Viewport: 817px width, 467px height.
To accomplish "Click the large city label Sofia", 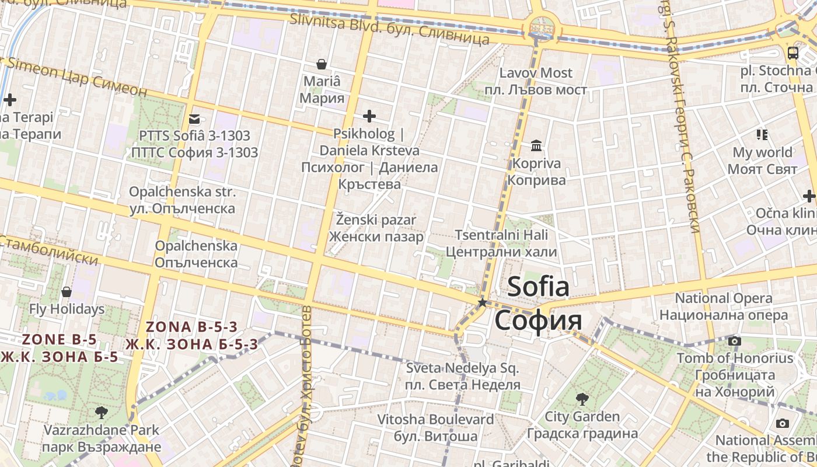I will [x=538, y=287].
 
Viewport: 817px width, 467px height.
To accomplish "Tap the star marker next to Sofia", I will [x=483, y=302].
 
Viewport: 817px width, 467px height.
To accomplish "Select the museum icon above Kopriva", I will [x=536, y=145].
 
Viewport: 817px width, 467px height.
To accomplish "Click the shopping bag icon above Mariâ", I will [x=321, y=64].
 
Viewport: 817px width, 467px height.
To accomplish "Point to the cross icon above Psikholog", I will [x=369, y=116].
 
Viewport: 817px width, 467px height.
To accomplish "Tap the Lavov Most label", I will [x=536, y=73].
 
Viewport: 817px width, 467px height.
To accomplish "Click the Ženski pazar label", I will [x=376, y=220].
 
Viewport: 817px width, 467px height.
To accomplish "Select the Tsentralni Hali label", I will [x=501, y=235].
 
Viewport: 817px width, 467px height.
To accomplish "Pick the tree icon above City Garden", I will [x=582, y=399].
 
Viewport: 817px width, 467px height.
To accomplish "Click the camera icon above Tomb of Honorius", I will [x=735, y=341].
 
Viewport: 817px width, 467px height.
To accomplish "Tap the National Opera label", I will [x=724, y=298].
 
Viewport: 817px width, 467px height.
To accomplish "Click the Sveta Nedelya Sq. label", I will [x=462, y=368].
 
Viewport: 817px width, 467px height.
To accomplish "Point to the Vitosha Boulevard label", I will [x=435, y=419].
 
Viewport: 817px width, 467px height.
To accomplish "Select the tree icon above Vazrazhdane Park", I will [x=102, y=413].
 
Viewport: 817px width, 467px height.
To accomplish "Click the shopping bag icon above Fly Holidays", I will [x=67, y=291].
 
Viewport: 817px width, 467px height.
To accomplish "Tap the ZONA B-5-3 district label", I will [x=192, y=326].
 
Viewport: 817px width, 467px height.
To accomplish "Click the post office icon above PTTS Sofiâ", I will [x=194, y=119].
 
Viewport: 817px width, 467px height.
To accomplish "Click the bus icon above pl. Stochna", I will [x=792, y=53].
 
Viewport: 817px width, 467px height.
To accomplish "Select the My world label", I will [x=762, y=152].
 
